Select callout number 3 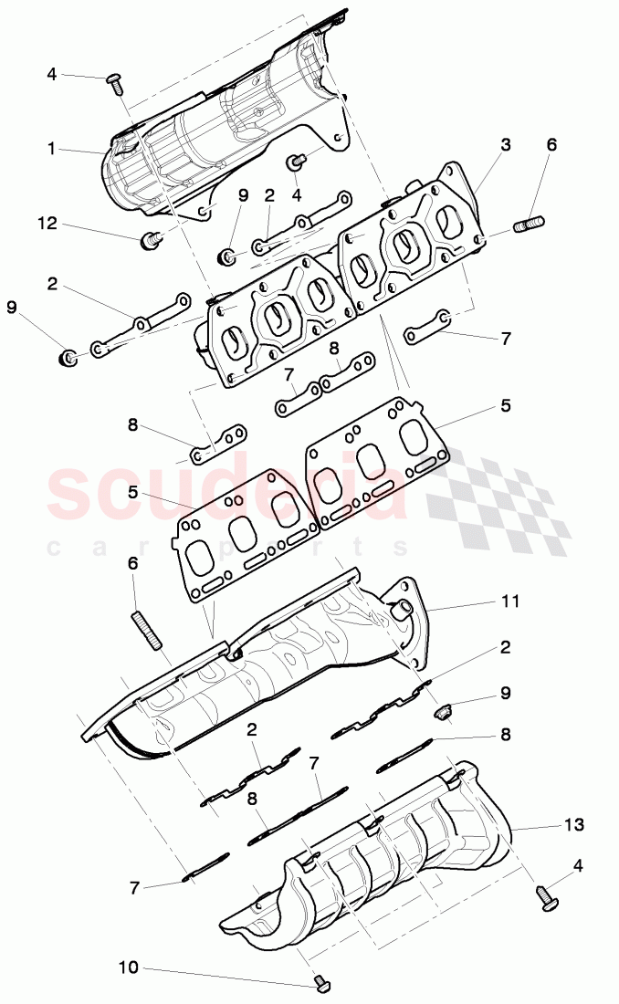click(505, 145)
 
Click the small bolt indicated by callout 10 click(320, 982)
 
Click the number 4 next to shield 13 click(579, 864)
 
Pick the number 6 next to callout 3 click(551, 145)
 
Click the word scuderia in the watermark click(228, 493)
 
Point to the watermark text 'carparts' click(228, 548)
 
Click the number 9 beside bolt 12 click(243, 194)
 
